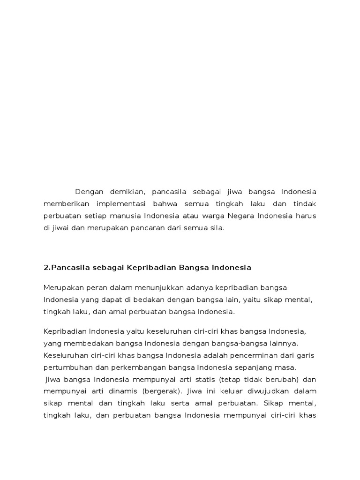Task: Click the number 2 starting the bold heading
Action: pos(46,268)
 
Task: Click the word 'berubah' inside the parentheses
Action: pos(283,379)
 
